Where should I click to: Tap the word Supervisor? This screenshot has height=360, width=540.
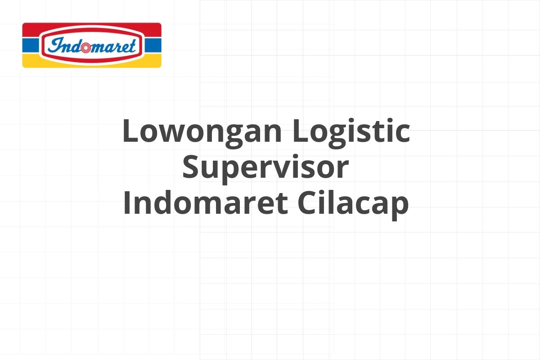pos(265,167)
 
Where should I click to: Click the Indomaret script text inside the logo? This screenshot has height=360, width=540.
pos(92,45)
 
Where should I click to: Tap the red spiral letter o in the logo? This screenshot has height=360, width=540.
pos(88,46)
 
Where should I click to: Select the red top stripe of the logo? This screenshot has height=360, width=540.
pos(92,27)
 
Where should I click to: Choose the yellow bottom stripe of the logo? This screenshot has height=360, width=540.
pos(92,63)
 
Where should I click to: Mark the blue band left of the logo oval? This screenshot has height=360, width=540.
pos(31,45)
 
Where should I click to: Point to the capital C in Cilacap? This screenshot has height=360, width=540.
pos(308,203)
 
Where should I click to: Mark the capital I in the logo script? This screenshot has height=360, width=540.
pos(54,45)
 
